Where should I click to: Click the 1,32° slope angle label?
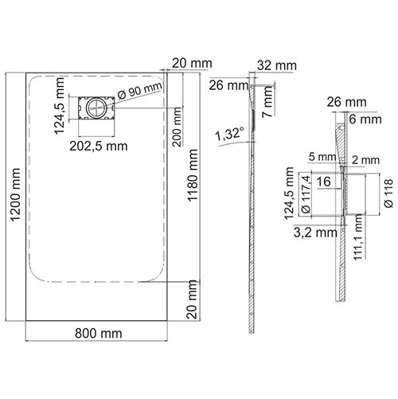(228, 136)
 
